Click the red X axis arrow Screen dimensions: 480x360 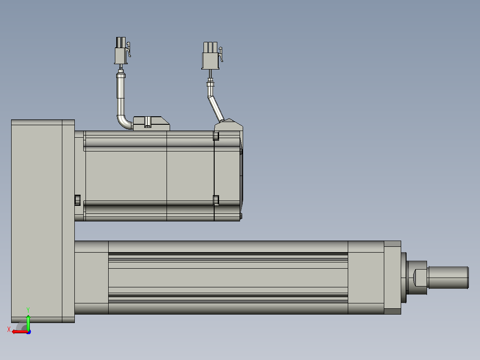pos(20,332)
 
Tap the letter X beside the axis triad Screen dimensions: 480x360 pos(9,330)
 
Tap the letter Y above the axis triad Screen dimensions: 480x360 pos(28,310)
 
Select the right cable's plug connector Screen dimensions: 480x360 pos(211,56)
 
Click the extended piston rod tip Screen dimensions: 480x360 pos(448,277)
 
